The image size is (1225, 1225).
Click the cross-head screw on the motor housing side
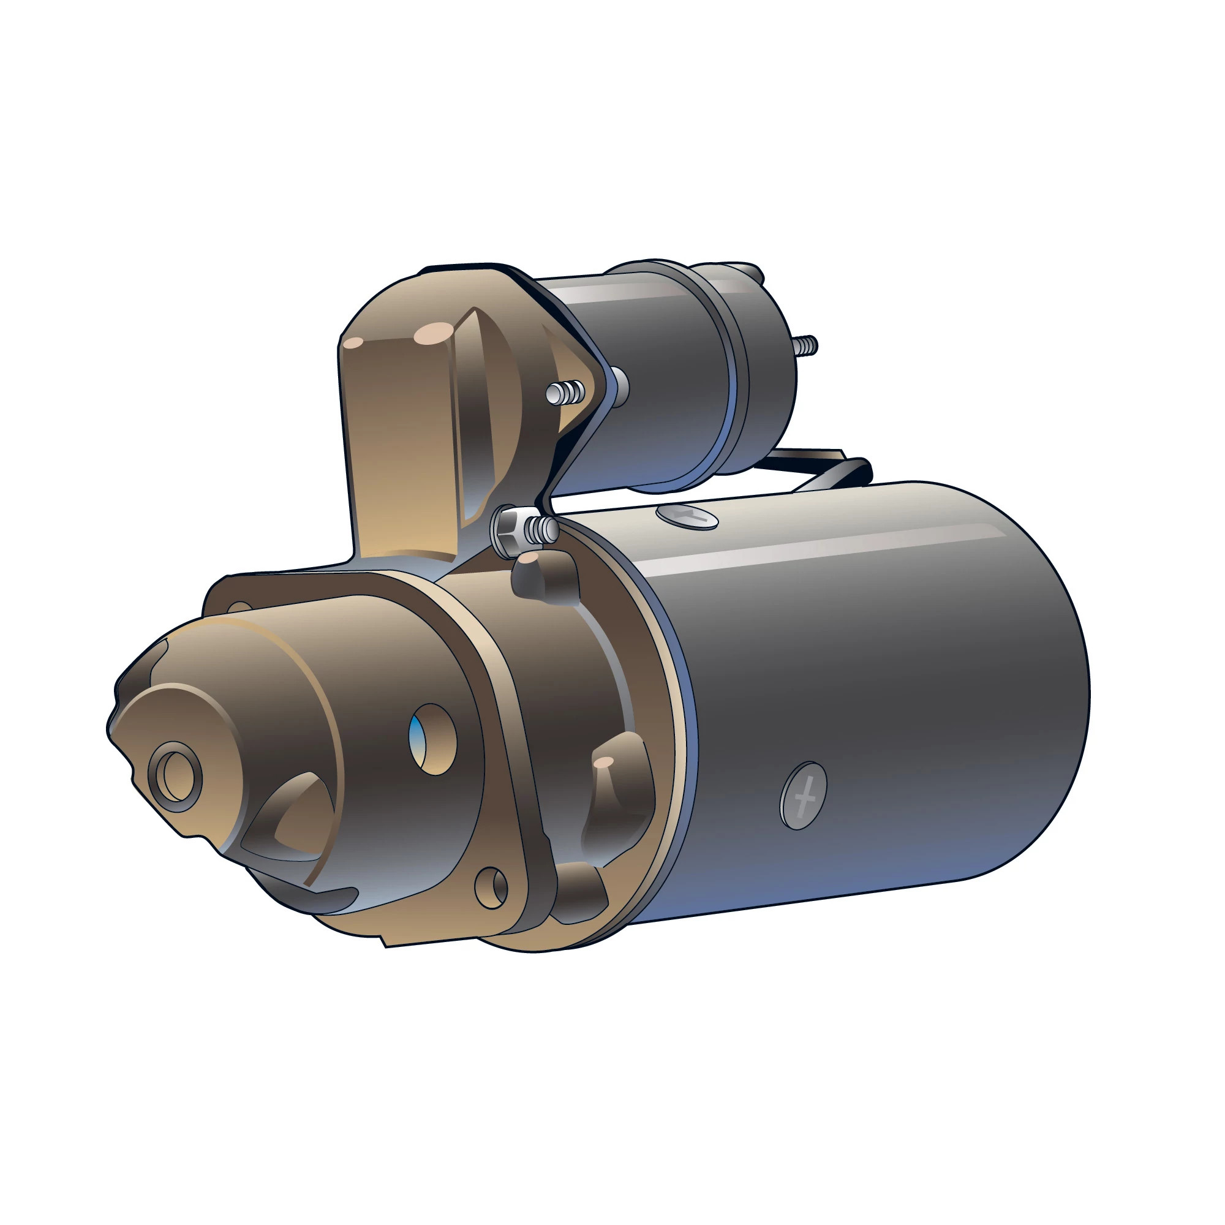pyautogui.click(x=803, y=796)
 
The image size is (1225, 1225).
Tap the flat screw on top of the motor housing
pyautogui.click(x=687, y=516)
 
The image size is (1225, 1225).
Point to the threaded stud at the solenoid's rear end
pyautogui.click(x=805, y=345)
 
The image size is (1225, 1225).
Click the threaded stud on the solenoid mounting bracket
pyautogui.click(x=564, y=393)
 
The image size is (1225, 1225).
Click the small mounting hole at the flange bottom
pyautogui.click(x=491, y=888)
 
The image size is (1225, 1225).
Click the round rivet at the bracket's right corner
pyautogui.click(x=618, y=384)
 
